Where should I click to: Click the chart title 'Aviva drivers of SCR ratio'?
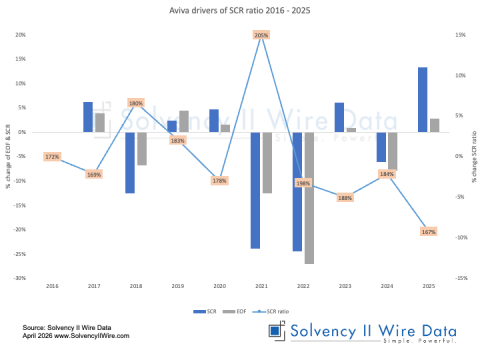pyautogui.click(x=240, y=9)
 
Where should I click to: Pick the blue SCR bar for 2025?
pyautogui.click(x=422, y=100)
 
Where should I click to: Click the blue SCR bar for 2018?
pyautogui.click(x=130, y=162)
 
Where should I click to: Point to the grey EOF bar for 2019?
pyautogui.click(x=183, y=121)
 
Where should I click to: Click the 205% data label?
pyautogui.click(x=262, y=35)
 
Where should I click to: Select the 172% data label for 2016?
pyautogui.click(x=53, y=157)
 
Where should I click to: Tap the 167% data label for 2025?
pyautogui.click(x=428, y=232)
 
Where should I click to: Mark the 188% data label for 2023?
pyautogui.click(x=345, y=198)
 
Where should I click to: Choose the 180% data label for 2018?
pyautogui.click(x=137, y=103)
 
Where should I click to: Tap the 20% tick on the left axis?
pyautogui.click(x=20, y=35)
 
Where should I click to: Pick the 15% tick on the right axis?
pyautogui.click(x=461, y=35)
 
